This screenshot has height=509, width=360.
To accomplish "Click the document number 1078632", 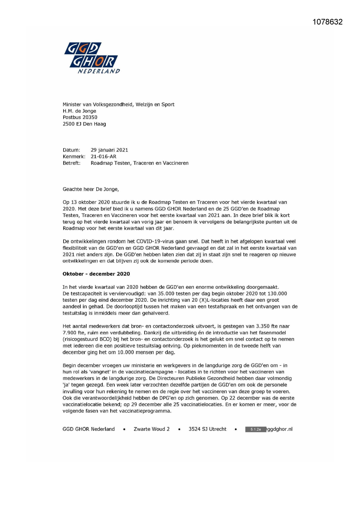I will pos(328,22).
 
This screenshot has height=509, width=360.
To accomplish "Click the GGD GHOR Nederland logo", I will pos(92,58).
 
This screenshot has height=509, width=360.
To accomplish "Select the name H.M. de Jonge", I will pos(79,111).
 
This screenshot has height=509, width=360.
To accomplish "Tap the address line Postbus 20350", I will pos(80,117).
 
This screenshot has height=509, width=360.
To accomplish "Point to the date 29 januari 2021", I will pos(109,150).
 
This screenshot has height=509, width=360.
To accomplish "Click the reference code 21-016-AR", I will pos(104,156).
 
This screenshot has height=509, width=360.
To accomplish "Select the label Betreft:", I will pos(71,163).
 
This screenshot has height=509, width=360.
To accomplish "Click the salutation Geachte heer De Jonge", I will pos(91,189).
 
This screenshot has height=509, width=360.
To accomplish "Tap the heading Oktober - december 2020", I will pos(96,274).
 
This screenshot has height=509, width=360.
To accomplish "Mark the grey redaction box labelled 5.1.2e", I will pos(256,429).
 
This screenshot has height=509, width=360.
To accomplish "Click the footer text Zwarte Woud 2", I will pos(151,429).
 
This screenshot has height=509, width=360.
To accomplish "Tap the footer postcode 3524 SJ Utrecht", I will pos(207,429).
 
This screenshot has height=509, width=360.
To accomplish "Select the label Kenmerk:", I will pos(74,156).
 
